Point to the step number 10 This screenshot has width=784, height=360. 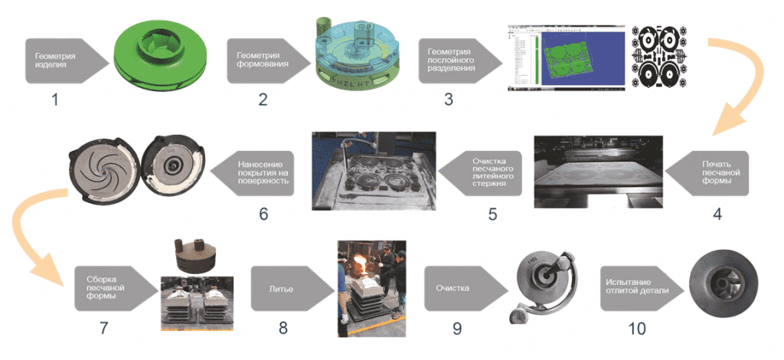click(636, 329)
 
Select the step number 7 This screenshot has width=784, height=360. click(104, 329)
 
